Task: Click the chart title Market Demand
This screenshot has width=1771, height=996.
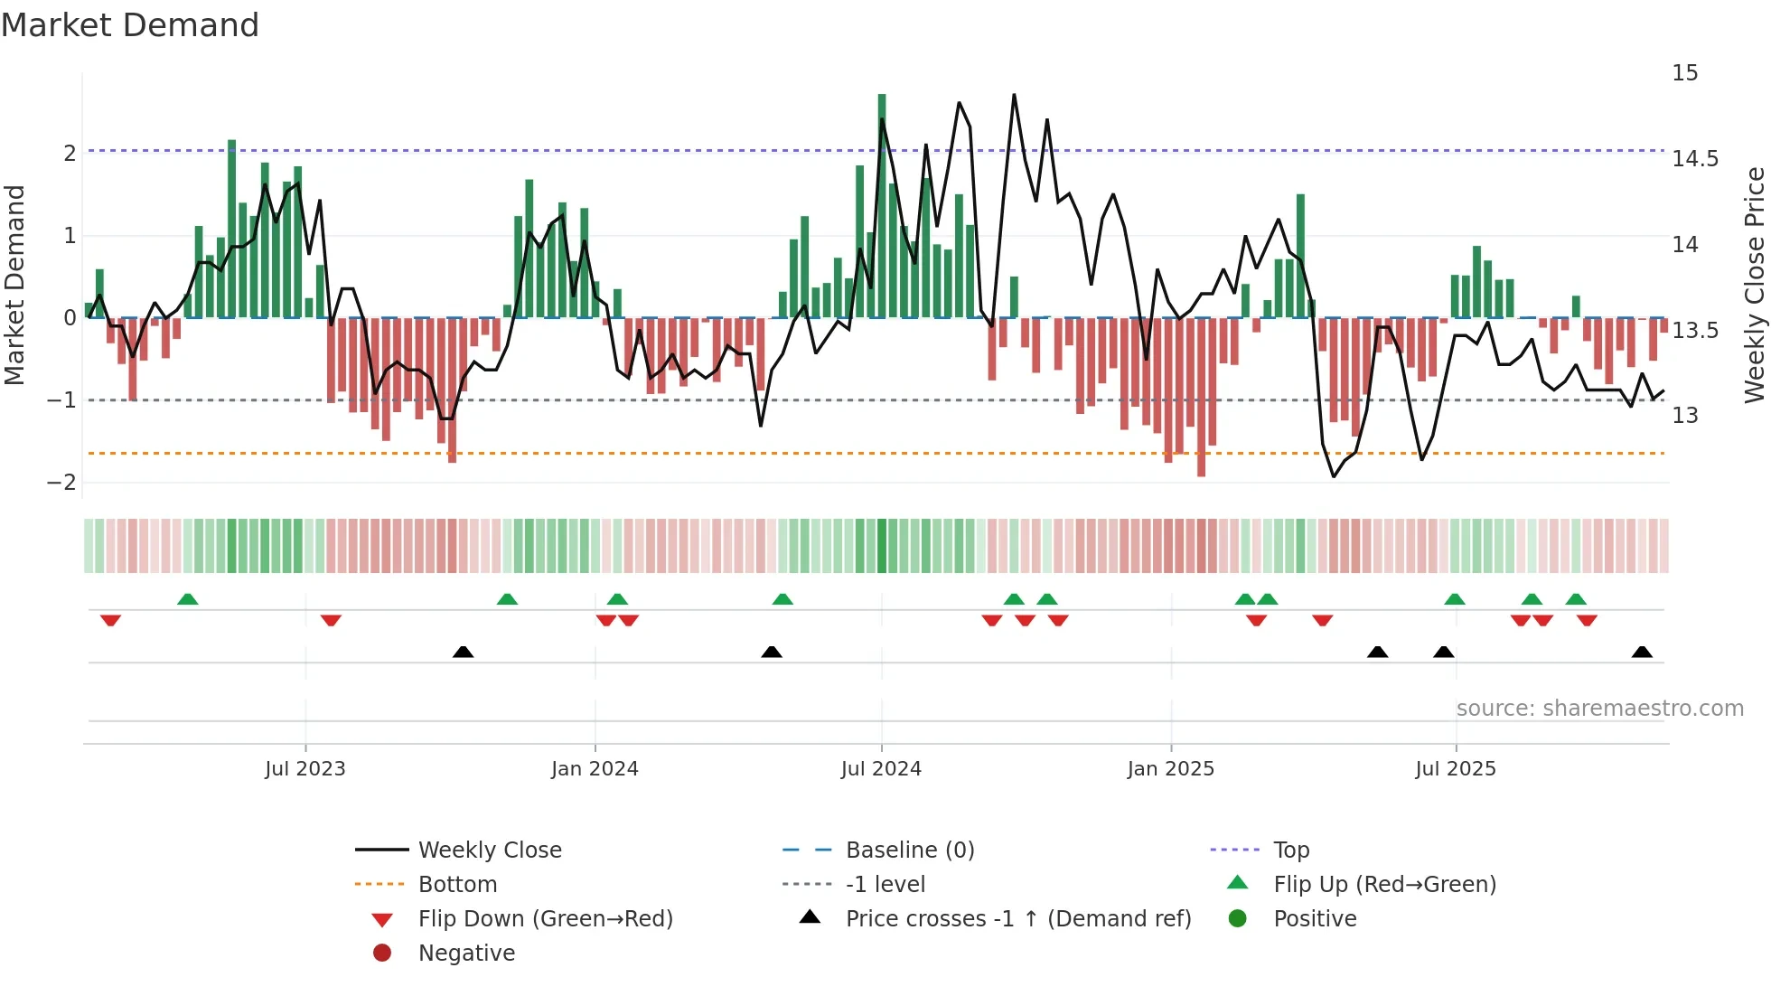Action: click(130, 25)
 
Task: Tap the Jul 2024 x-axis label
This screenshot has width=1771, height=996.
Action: click(881, 769)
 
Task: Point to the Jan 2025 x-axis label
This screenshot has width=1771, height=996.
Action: click(1170, 769)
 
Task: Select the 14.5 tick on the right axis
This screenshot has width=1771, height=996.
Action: click(1694, 159)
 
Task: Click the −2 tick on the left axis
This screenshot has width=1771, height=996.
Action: click(62, 482)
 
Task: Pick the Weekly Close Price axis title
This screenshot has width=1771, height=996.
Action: click(1754, 285)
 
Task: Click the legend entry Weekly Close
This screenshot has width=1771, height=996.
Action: click(489, 850)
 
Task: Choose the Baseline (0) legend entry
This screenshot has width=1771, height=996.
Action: click(909, 850)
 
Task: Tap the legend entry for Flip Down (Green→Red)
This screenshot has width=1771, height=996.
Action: click(545, 919)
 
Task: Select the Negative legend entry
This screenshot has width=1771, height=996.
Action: click(466, 954)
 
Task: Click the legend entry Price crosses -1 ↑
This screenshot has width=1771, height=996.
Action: click(1017, 919)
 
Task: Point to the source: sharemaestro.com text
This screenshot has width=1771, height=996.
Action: click(1599, 709)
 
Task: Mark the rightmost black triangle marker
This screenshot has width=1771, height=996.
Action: click(1642, 652)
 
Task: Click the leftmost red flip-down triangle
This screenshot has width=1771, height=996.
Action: click(110, 620)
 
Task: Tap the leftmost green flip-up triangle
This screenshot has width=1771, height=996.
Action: click(187, 599)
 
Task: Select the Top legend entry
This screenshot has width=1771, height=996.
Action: click(1290, 850)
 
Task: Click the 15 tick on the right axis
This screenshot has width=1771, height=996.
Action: click(1684, 73)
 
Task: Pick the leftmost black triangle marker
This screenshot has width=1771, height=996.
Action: click(463, 652)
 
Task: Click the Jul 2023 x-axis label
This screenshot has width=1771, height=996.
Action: click(305, 769)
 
